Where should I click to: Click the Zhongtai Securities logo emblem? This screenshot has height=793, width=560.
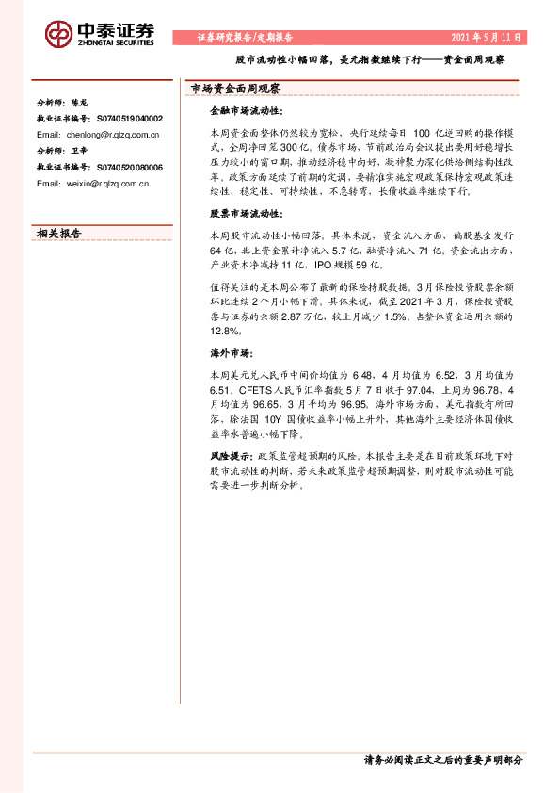click(58, 33)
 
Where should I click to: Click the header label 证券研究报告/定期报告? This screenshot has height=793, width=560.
click(245, 38)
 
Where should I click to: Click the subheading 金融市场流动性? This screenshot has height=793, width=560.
click(239, 110)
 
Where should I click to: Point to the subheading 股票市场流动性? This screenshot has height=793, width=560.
click(239, 214)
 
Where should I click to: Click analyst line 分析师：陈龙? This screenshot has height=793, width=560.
click(62, 102)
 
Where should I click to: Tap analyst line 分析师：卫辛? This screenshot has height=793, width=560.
click(62, 151)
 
